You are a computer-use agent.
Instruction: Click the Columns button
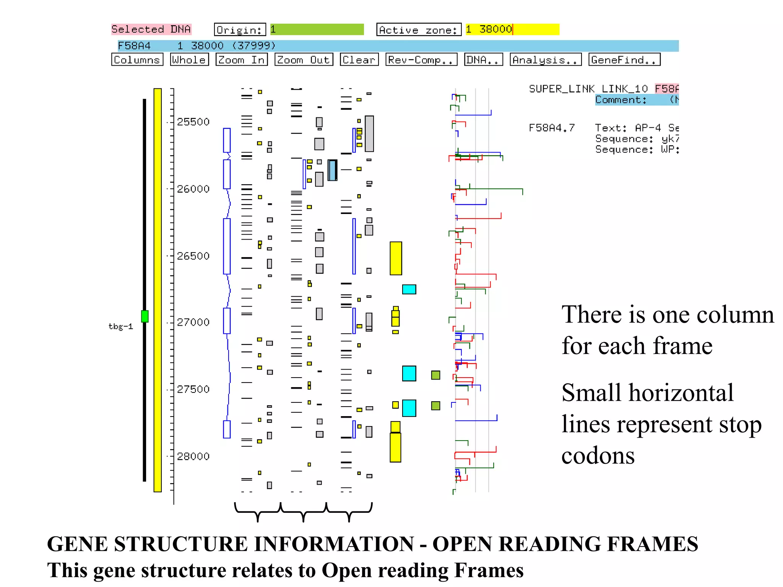pyautogui.click(x=137, y=60)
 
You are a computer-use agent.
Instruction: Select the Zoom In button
pyautogui.click(x=242, y=60)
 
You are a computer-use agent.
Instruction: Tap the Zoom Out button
pyautogui.click(x=304, y=60)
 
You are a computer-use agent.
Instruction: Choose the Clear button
pyautogui.click(x=359, y=60)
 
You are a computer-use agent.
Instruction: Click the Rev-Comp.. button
pyautogui.click(x=421, y=60)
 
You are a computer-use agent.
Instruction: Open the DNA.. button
pyautogui.click(x=483, y=60)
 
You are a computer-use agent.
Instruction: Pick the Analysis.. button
pyautogui.click(x=546, y=60)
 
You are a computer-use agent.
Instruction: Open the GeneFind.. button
pyautogui.click(x=624, y=60)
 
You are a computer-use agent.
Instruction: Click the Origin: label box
pyautogui.click(x=240, y=29)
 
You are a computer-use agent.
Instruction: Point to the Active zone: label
pyautogui.click(x=419, y=29)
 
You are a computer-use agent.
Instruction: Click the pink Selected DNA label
pyautogui.click(x=151, y=29)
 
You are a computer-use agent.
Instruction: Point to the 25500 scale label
pyautogui.click(x=193, y=122)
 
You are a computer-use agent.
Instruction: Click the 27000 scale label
pyautogui.click(x=193, y=322)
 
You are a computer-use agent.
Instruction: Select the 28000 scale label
pyautogui.click(x=193, y=456)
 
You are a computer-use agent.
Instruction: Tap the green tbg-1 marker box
pyautogui.click(x=145, y=316)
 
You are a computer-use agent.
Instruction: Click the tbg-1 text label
pyautogui.click(x=121, y=326)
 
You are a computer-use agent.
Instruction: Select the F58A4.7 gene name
pyautogui.click(x=551, y=128)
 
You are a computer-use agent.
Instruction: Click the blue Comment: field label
pyautogui.click(x=621, y=100)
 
